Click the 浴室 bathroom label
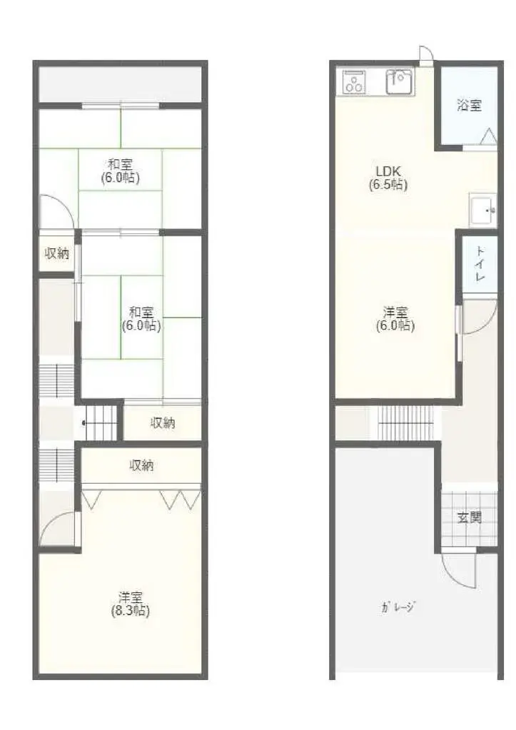[469, 106]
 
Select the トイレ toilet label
[480, 265]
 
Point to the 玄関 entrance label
[469, 517]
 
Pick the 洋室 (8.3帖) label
[129, 604]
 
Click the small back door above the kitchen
[426, 56]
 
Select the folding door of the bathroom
[487, 137]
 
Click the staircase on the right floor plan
[405, 422]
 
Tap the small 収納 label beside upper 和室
[56, 253]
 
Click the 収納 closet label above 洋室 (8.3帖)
[141, 466]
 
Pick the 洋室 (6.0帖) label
[395, 319]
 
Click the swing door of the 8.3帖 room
[57, 532]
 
